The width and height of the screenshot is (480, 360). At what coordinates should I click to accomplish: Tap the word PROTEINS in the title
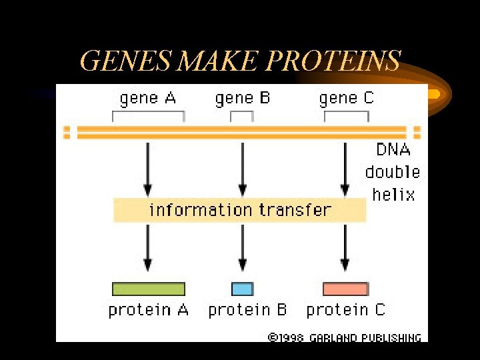coord(333,61)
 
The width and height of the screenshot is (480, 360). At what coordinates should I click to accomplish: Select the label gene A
coord(147,99)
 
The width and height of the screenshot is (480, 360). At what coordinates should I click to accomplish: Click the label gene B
coord(242,99)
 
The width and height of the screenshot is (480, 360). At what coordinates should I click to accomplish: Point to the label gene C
coord(346,99)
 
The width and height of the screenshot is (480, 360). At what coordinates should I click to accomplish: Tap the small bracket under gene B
coord(242,114)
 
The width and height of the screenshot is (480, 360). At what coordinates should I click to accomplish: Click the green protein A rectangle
coord(148,289)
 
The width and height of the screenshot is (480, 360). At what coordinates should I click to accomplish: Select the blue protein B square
coord(242,289)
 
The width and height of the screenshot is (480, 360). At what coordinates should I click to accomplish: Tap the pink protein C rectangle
coord(345,289)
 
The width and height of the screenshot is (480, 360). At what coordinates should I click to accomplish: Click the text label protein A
coord(148,310)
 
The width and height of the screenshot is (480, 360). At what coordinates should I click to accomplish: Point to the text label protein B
coord(247,310)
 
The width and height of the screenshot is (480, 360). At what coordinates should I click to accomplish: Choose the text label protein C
coord(345,310)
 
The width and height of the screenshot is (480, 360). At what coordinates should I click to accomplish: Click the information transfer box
coord(239,210)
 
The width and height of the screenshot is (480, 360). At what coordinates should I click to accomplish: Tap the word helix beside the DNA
coord(393,195)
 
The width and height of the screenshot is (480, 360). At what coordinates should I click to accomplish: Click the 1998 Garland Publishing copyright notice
coord(344,337)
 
